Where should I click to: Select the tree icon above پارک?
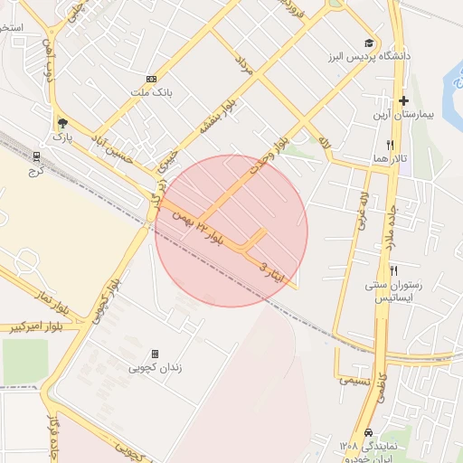(x=62, y=123)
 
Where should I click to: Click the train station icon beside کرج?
(x=37, y=156)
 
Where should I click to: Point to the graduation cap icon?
(x=369, y=43)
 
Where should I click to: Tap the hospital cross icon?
(x=403, y=100)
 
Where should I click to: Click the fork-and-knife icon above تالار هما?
(x=391, y=145)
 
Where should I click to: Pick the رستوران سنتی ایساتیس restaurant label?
(x=400, y=290)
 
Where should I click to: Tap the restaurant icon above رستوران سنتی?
(x=393, y=270)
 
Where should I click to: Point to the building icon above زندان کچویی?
(x=155, y=354)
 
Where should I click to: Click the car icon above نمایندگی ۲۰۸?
(x=368, y=432)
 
